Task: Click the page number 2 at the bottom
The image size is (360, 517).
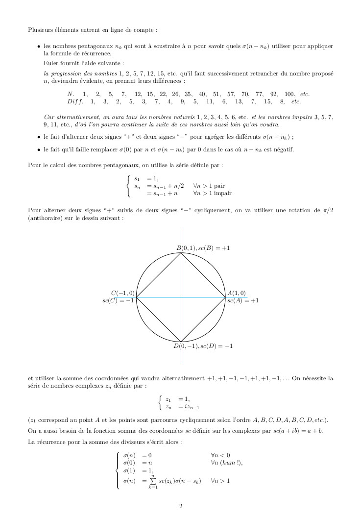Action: (180, 506)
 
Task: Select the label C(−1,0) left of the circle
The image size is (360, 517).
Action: (122, 293)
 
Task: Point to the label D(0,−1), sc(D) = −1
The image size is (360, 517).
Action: (203, 346)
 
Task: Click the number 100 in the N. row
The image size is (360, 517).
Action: (289, 94)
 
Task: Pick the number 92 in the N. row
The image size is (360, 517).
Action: (274, 94)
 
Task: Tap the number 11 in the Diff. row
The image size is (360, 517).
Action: (210, 101)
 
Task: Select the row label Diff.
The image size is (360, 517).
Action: (75, 101)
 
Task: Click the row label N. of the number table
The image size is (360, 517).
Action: (71, 94)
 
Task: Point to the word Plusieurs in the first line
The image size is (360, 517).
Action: (41, 29)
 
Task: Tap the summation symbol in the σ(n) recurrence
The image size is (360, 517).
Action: (153, 481)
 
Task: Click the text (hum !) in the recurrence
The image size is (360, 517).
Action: (230, 462)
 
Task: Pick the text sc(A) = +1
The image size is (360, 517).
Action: (243, 300)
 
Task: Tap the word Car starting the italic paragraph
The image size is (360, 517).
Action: (49, 117)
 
